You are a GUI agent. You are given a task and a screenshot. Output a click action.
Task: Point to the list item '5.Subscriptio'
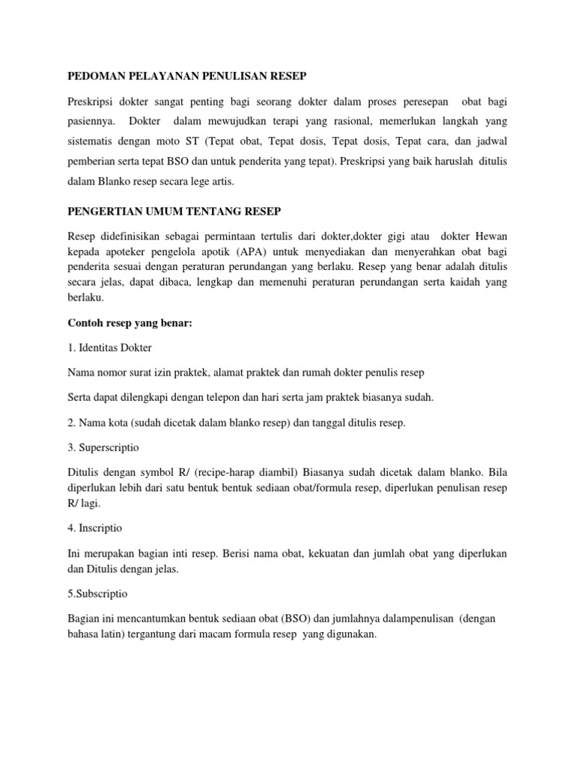(x=97, y=593)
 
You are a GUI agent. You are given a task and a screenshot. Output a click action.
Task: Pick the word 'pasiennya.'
(x=91, y=120)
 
